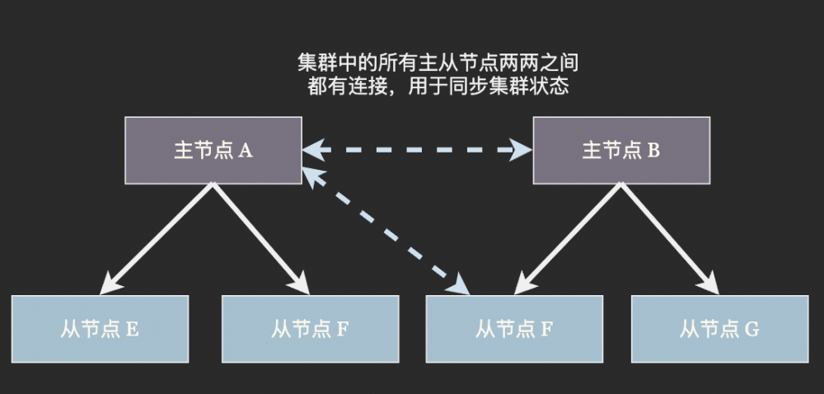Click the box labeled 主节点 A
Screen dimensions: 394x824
213,151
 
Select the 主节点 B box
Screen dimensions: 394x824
621,151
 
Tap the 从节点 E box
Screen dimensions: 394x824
101,329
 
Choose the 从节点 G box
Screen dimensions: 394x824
719,329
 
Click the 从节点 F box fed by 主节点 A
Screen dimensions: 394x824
311,329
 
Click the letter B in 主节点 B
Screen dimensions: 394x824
653,152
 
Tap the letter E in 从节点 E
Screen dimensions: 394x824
133,330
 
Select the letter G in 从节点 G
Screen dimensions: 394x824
751,330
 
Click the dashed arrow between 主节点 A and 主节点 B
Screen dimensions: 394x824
417,149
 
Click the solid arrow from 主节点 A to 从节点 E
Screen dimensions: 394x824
157,237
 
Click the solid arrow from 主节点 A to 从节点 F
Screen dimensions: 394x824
260,237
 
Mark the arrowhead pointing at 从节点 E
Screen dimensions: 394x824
108,285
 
